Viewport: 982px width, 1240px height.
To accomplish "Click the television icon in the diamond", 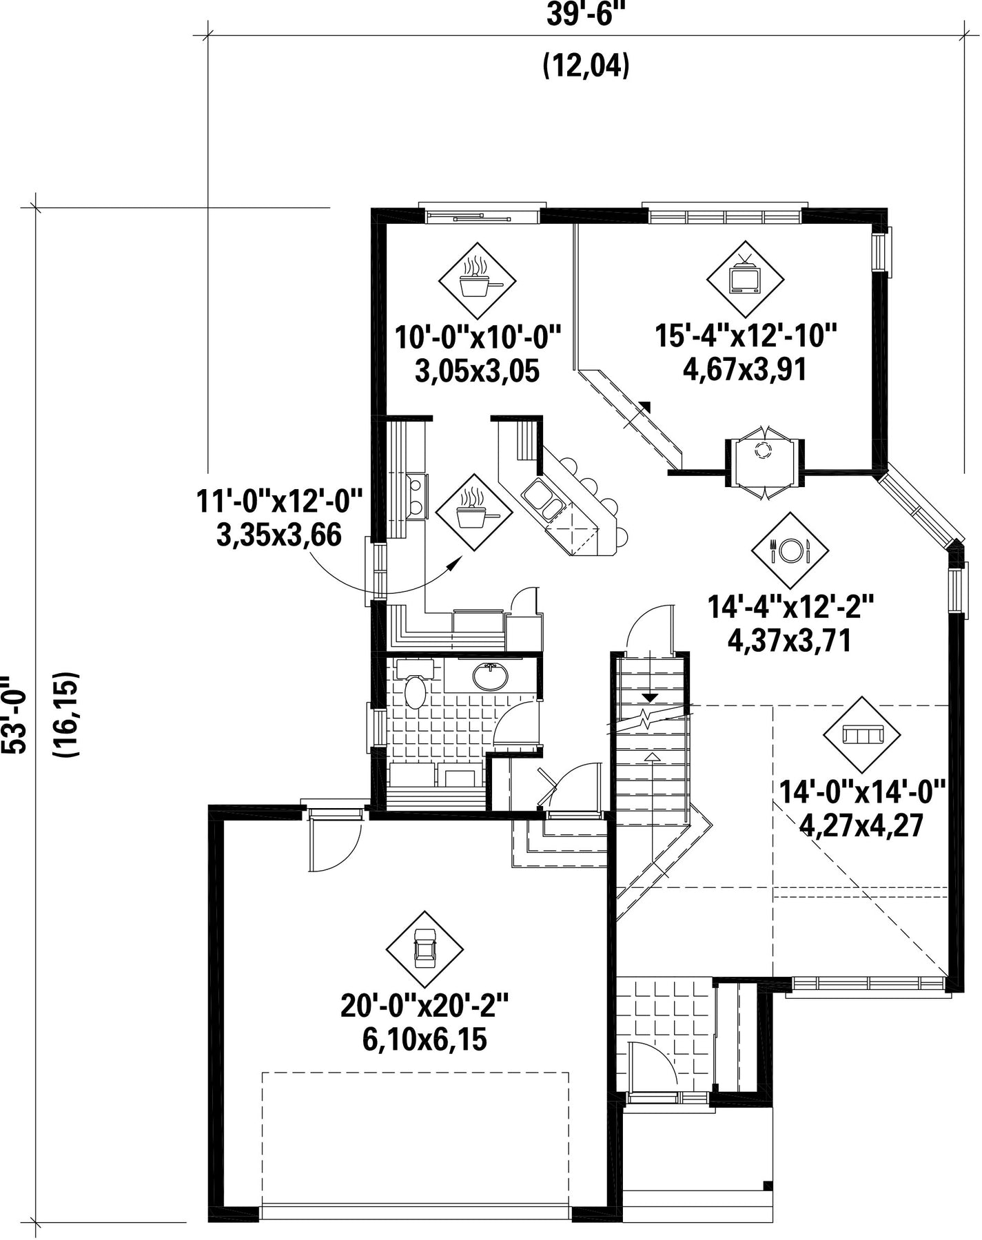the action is [x=745, y=278].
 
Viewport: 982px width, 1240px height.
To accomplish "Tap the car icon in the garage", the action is [x=424, y=950].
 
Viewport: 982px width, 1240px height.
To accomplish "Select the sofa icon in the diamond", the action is [x=862, y=735].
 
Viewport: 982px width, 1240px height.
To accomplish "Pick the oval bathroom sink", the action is [x=490, y=676].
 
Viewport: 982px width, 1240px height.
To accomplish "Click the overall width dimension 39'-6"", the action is [x=580, y=14].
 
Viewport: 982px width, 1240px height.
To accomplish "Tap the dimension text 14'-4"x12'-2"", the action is [x=790, y=608].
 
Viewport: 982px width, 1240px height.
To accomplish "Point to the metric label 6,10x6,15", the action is [x=424, y=1040].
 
